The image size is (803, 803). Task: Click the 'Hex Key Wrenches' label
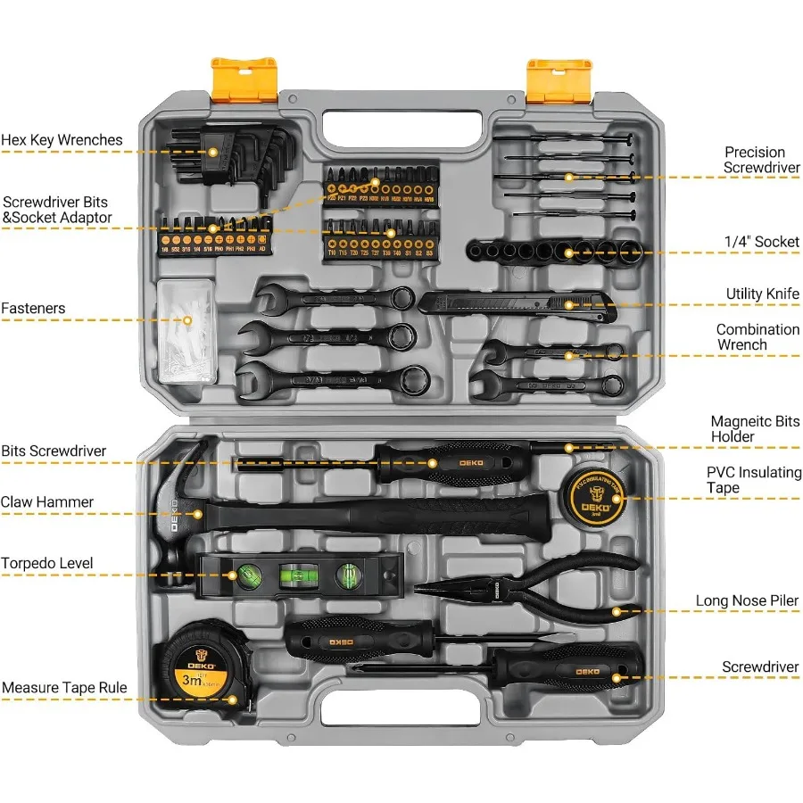coord(62,140)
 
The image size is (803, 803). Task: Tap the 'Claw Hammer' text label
coord(46,502)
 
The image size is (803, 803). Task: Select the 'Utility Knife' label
coord(762,294)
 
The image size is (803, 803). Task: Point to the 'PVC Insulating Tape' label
coord(754,480)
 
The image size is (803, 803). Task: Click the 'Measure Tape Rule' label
coord(64,688)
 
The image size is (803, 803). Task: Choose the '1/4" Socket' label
coord(762,241)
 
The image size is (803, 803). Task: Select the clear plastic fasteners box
coord(187,330)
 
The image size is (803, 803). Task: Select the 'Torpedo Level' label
coord(46,564)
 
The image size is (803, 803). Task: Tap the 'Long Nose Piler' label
coord(747,601)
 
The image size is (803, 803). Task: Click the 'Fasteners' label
coord(33,309)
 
